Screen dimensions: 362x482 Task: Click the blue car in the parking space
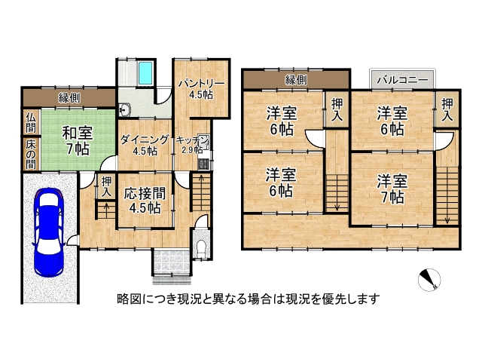tap(50, 225)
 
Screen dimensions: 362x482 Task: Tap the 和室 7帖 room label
tap(75, 140)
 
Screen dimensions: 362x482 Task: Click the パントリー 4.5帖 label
tap(200, 88)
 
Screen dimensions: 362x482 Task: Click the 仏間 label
tap(30, 121)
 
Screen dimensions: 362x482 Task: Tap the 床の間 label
tap(30, 154)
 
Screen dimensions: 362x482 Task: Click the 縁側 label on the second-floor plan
tap(296, 79)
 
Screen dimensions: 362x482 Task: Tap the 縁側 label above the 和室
tap(70, 98)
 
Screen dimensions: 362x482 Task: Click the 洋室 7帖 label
tap(392, 189)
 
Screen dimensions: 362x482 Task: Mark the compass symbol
tap(429, 280)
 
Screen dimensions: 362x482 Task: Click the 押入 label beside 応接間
tap(106, 187)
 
